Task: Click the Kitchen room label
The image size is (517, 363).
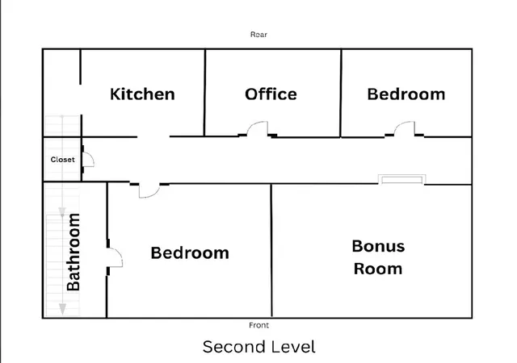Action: pyautogui.click(x=142, y=94)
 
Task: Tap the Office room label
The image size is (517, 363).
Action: pyautogui.click(x=271, y=94)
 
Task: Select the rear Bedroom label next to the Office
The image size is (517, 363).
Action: pyautogui.click(x=406, y=94)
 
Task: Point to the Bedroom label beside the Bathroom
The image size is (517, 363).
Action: pyautogui.click(x=190, y=253)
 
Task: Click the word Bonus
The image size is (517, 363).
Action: pyautogui.click(x=378, y=246)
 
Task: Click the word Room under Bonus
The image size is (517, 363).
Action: pyautogui.click(x=378, y=269)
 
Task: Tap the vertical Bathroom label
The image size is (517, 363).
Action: pyautogui.click(x=74, y=252)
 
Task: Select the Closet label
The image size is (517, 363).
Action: pyautogui.click(x=63, y=160)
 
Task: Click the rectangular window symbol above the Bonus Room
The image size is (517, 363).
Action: pyautogui.click(x=402, y=180)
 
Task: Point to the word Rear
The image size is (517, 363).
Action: pyautogui.click(x=258, y=34)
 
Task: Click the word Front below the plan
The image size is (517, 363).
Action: pyautogui.click(x=258, y=325)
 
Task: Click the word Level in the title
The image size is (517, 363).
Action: pyautogui.click(x=293, y=347)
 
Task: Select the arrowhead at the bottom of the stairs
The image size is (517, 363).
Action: pyautogui.click(x=62, y=309)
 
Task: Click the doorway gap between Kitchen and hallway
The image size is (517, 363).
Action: pyautogui.click(x=153, y=136)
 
